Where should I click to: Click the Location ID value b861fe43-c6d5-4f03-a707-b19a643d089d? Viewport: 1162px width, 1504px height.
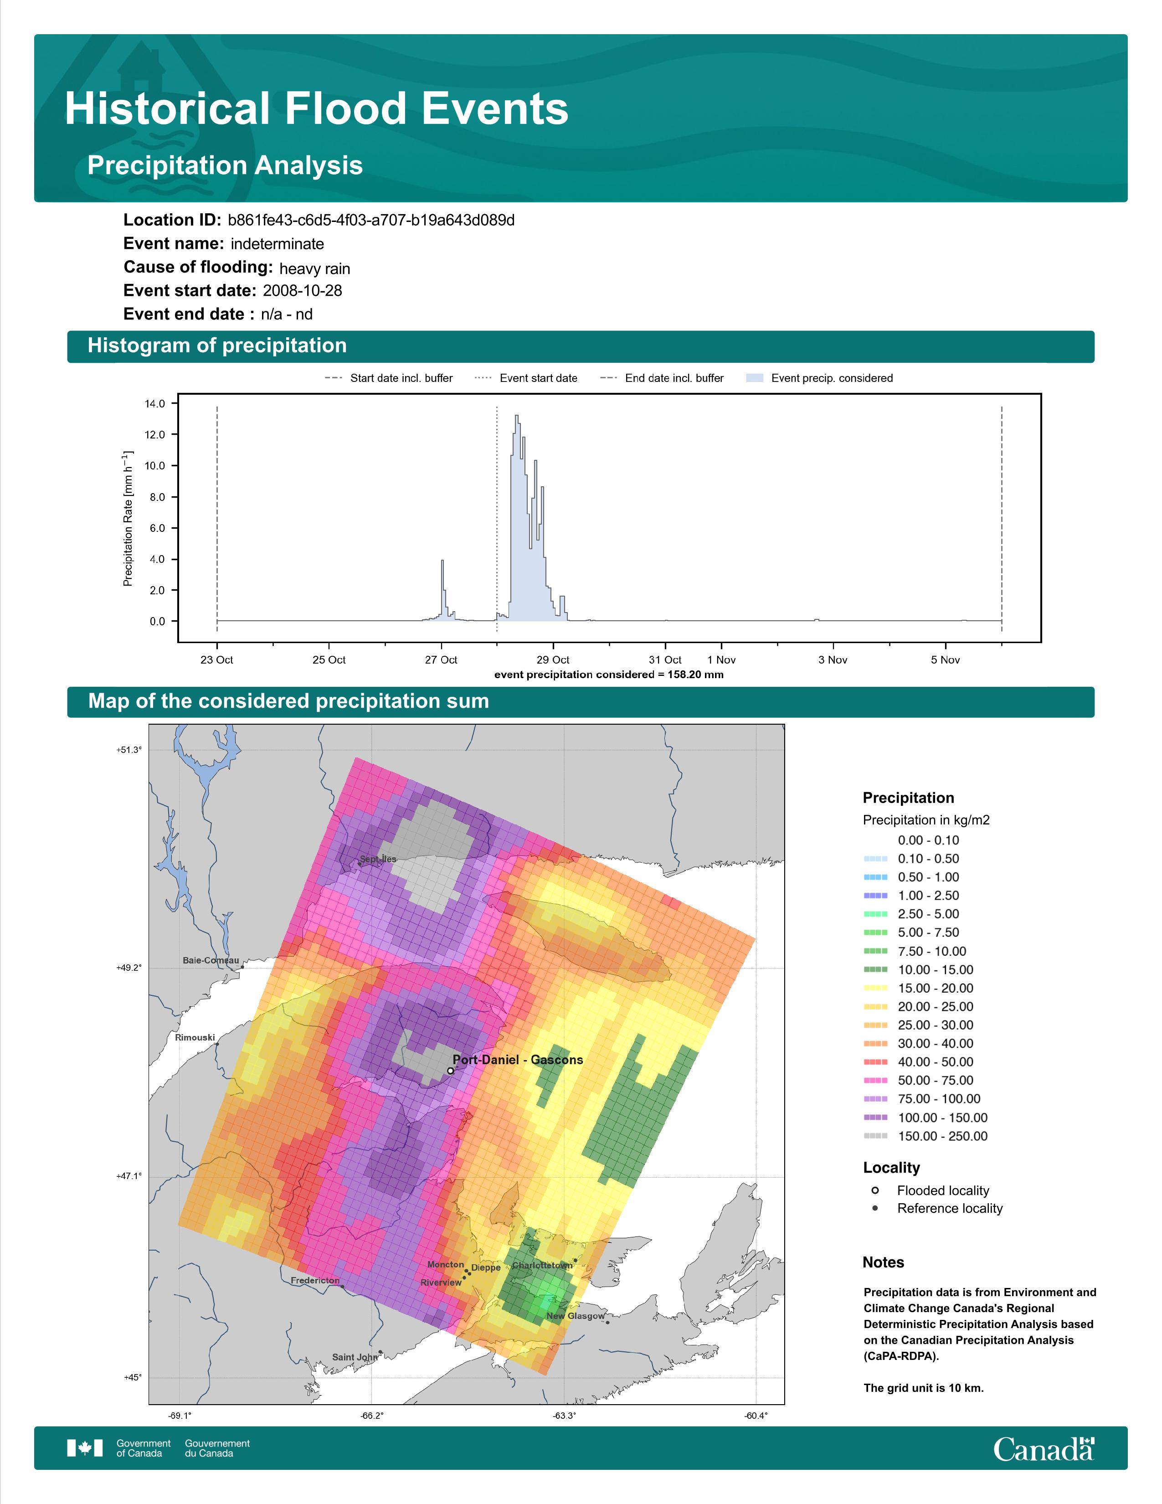point(371,221)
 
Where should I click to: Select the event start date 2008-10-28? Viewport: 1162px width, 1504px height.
point(302,291)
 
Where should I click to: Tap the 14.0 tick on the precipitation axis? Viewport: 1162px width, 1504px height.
point(155,403)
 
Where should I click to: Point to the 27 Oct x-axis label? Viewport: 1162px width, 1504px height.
point(441,660)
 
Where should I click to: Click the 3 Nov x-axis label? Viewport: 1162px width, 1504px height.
point(833,660)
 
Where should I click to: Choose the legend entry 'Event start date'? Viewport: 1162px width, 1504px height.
point(526,378)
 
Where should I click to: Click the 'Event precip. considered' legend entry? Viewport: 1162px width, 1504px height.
point(819,378)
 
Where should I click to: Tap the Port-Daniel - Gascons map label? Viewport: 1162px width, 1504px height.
point(518,1060)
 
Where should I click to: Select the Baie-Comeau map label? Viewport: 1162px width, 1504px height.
point(211,961)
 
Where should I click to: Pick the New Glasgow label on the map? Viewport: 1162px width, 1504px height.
point(576,1316)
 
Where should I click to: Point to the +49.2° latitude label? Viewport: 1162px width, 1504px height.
point(129,968)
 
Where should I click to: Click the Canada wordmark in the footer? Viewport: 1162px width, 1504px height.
point(1044,1449)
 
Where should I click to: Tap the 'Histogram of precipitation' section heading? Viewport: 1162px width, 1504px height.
point(217,346)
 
